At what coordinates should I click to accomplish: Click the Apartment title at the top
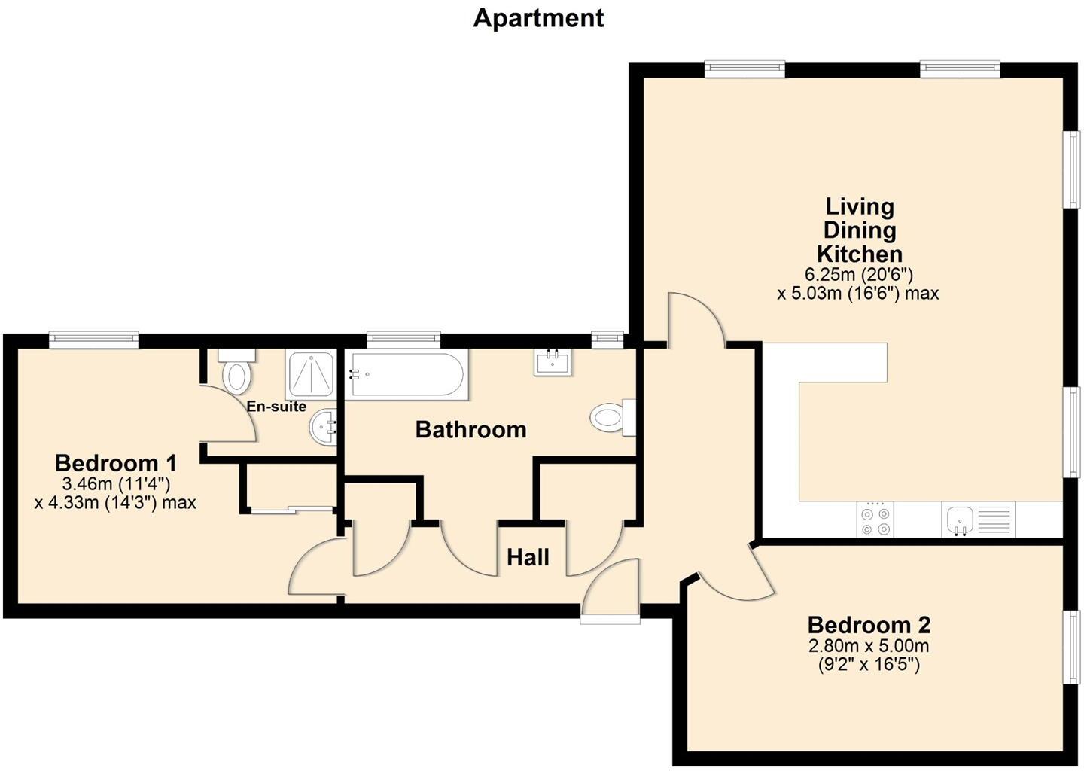click(x=538, y=17)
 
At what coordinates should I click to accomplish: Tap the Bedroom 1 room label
click(x=115, y=462)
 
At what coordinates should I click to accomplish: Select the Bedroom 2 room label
click(x=869, y=625)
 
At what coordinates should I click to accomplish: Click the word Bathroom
click(x=470, y=430)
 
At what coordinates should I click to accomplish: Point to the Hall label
click(x=528, y=558)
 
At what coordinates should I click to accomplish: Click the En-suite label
click(x=277, y=407)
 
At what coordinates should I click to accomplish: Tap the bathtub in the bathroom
click(x=406, y=375)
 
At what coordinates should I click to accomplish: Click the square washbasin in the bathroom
click(x=553, y=362)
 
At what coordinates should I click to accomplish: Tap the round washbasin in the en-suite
click(x=324, y=428)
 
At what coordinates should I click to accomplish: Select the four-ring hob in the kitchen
click(x=875, y=520)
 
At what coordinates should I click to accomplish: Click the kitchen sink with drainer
click(x=978, y=520)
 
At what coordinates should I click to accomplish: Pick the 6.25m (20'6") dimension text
click(x=859, y=274)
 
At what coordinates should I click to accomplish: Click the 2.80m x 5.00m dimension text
click(x=869, y=646)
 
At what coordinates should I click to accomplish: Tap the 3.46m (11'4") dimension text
click(x=115, y=483)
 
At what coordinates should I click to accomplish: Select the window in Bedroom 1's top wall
click(x=94, y=340)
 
